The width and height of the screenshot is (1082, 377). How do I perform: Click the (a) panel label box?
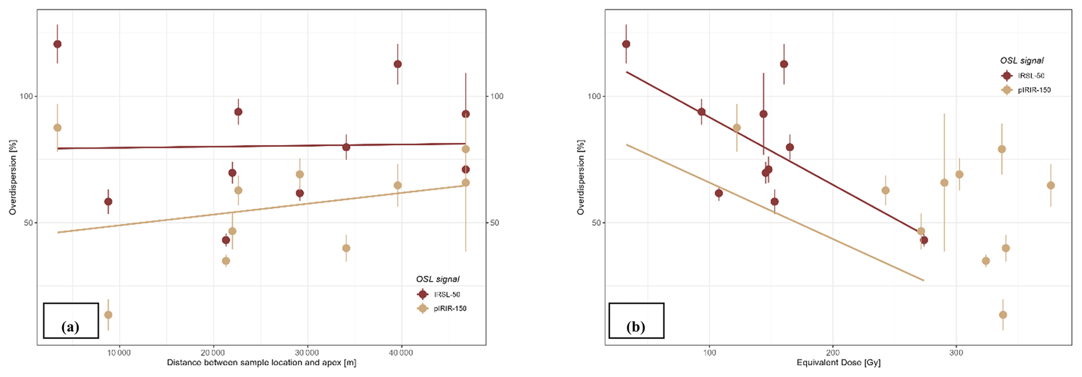pos(71,321)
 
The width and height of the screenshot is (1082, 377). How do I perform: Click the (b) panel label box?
pos(636,321)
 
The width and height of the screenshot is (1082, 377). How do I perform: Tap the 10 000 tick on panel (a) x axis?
pos(119,353)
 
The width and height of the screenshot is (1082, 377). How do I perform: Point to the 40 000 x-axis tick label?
pos(401,353)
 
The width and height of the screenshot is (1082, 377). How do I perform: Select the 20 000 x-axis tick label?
pos(213,353)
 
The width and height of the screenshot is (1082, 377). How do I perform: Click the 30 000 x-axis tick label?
pos(307,353)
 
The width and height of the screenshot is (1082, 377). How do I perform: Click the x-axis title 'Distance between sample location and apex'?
pos(261,362)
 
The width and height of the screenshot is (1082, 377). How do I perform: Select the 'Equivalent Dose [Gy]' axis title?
pos(839,362)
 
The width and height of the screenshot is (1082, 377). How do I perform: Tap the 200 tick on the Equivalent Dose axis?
pos(833,353)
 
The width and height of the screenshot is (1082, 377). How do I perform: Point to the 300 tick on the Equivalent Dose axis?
pos(956,353)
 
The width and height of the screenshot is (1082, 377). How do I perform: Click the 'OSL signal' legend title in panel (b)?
pos(1022,61)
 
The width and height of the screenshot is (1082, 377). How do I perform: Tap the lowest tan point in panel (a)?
pos(108,315)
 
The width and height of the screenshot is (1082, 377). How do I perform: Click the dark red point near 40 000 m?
pos(398,64)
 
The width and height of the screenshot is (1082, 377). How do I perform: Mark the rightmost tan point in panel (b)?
pos(1051,186)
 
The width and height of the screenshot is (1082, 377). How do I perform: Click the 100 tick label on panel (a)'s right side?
pos(496,96)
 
